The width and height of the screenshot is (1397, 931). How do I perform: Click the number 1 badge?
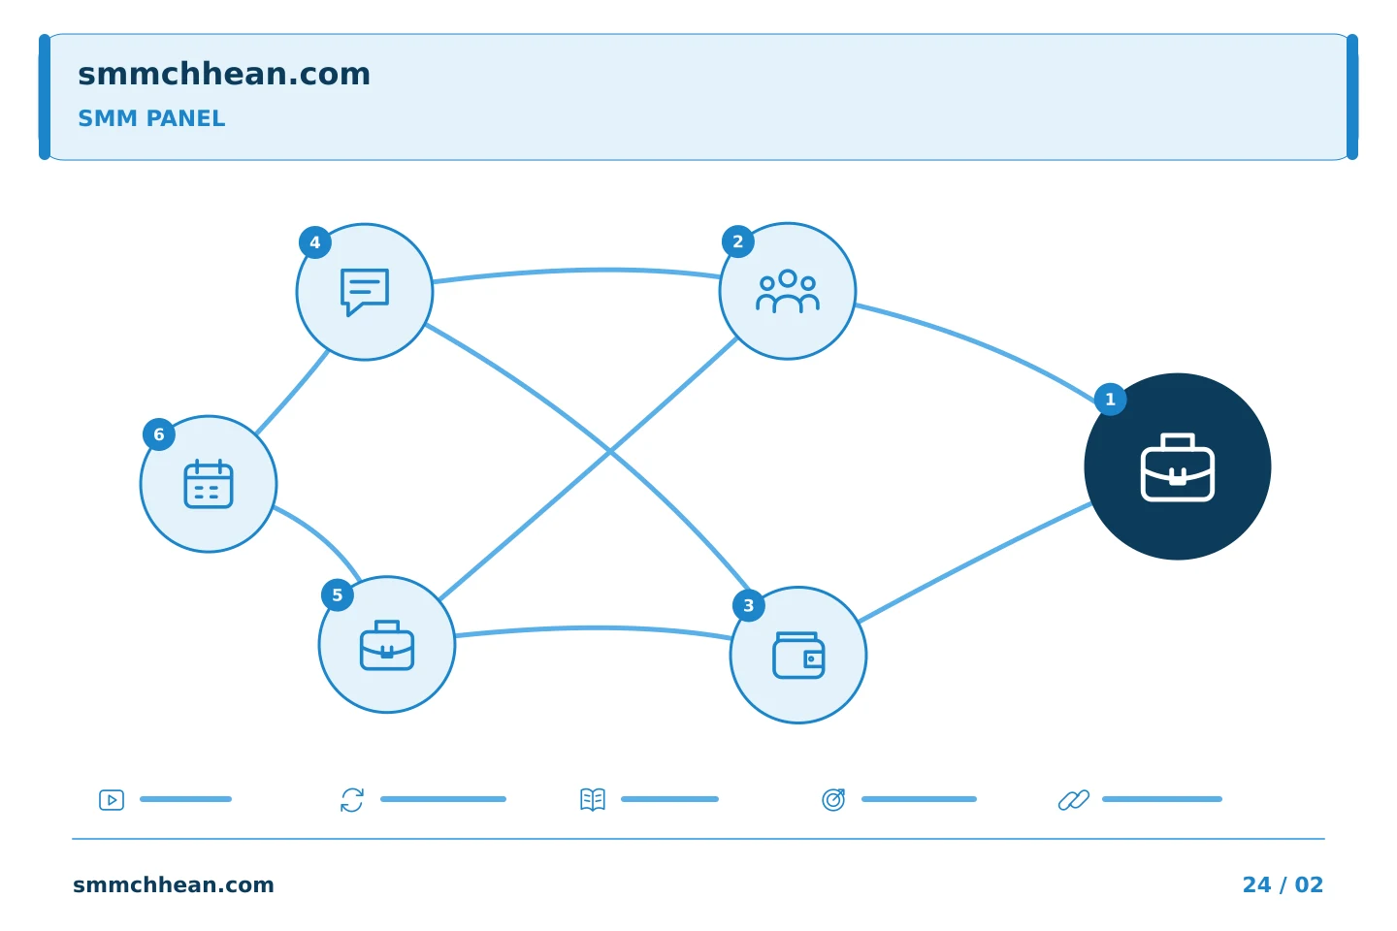point(1110,400)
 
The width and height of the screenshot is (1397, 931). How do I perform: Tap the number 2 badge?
point(737,241)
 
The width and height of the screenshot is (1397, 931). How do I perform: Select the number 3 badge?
point(748,605)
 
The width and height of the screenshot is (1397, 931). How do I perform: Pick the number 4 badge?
point(315,242)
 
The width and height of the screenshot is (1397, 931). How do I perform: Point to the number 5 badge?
point(338,594)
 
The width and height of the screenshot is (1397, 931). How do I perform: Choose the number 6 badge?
point(159,434)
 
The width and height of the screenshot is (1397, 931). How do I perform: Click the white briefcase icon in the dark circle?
point(1178,467)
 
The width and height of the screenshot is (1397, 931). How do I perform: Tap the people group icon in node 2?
point(788,291)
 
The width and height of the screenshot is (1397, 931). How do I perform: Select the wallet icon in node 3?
point(798,656)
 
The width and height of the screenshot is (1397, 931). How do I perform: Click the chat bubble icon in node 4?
point(365,292)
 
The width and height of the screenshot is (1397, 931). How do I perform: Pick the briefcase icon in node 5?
point(387,645)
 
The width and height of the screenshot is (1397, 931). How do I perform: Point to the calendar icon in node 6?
point(209,484)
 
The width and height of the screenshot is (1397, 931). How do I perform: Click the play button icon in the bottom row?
point(112,800)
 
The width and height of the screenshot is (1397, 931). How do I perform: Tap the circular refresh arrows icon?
point(352,800)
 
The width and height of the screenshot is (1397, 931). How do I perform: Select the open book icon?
point(593,799)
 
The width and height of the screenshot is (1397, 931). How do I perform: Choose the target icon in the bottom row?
point(833,799)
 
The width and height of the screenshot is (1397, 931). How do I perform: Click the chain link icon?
point(1074,800)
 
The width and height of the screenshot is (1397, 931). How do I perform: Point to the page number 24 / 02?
point(1283,884)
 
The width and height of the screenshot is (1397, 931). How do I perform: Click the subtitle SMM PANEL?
point(151,118)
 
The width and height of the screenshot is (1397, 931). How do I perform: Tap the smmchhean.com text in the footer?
point(174,884)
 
